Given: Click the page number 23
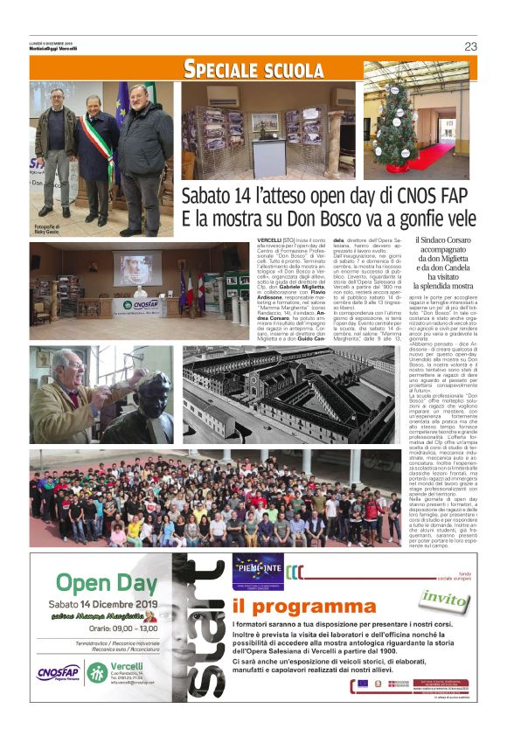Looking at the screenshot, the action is click(470, 46).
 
